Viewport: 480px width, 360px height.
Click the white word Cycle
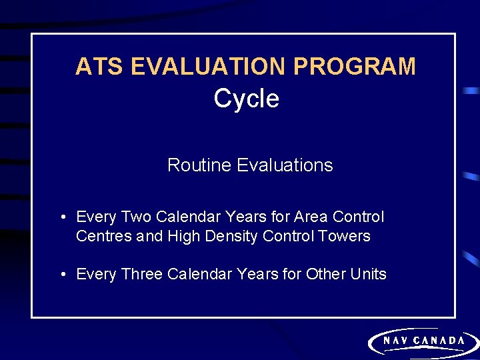point(246,99)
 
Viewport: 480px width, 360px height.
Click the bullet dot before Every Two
point(62,217)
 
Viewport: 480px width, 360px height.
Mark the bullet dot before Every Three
point(62,275)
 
